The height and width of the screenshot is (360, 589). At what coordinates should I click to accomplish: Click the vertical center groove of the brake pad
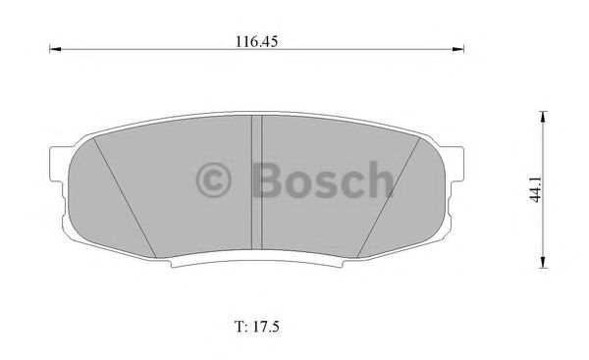(x=258, y=186)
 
